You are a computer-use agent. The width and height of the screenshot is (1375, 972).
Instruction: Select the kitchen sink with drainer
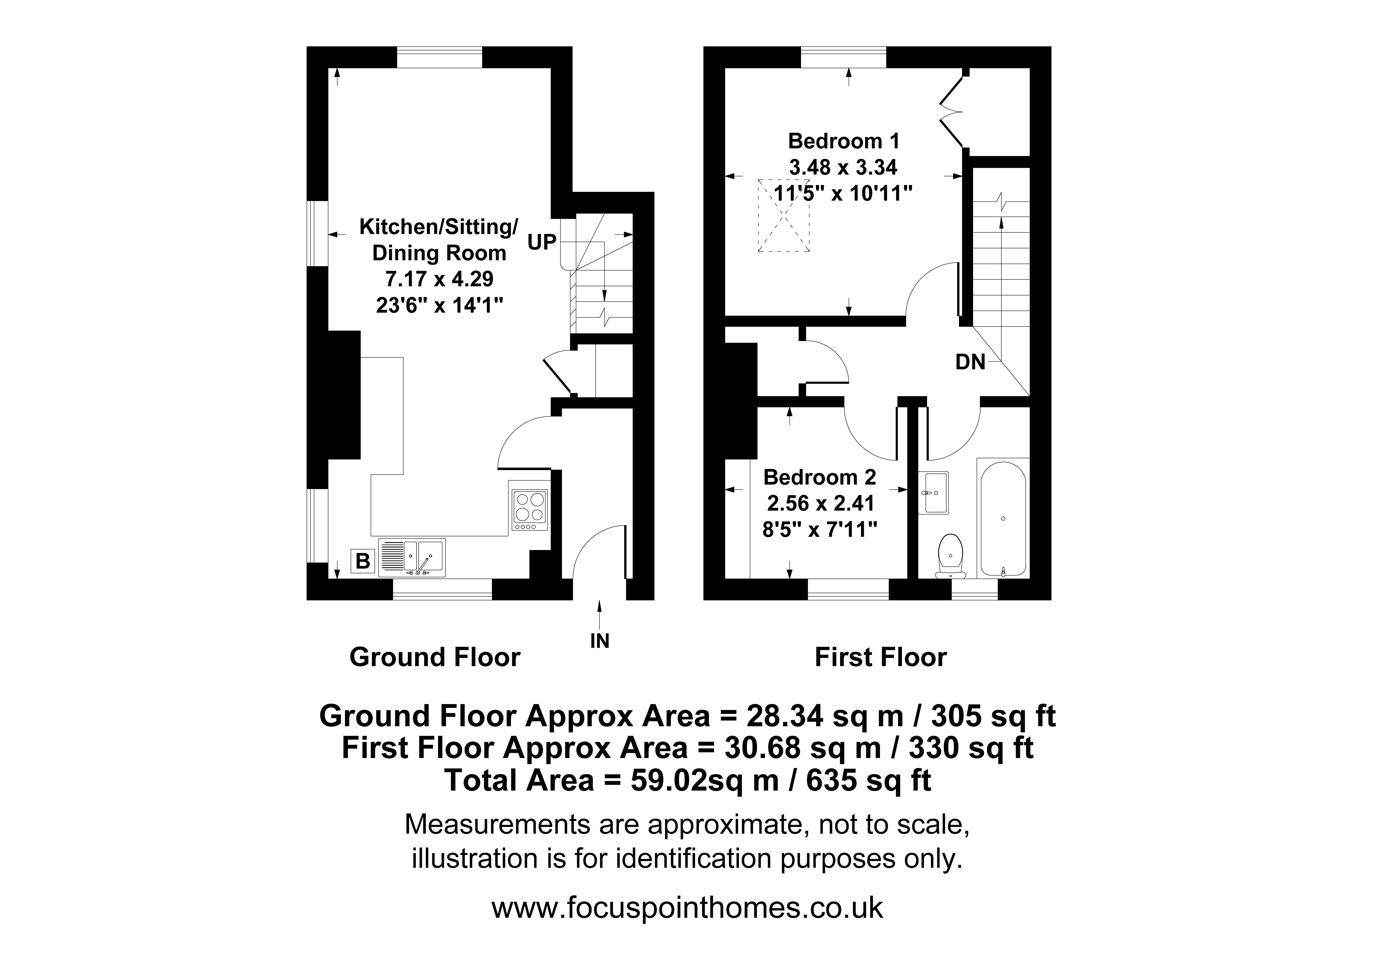pyautogui.click(x=412, y=557)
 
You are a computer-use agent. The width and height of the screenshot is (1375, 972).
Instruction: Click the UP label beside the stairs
pyautogui.click(x=542, y=242)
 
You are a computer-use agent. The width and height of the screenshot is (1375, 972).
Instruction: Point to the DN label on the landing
pyautogui.click(x=970, y=362)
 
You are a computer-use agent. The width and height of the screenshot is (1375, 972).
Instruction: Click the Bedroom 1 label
pyautogui.click(x=843, y=142)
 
